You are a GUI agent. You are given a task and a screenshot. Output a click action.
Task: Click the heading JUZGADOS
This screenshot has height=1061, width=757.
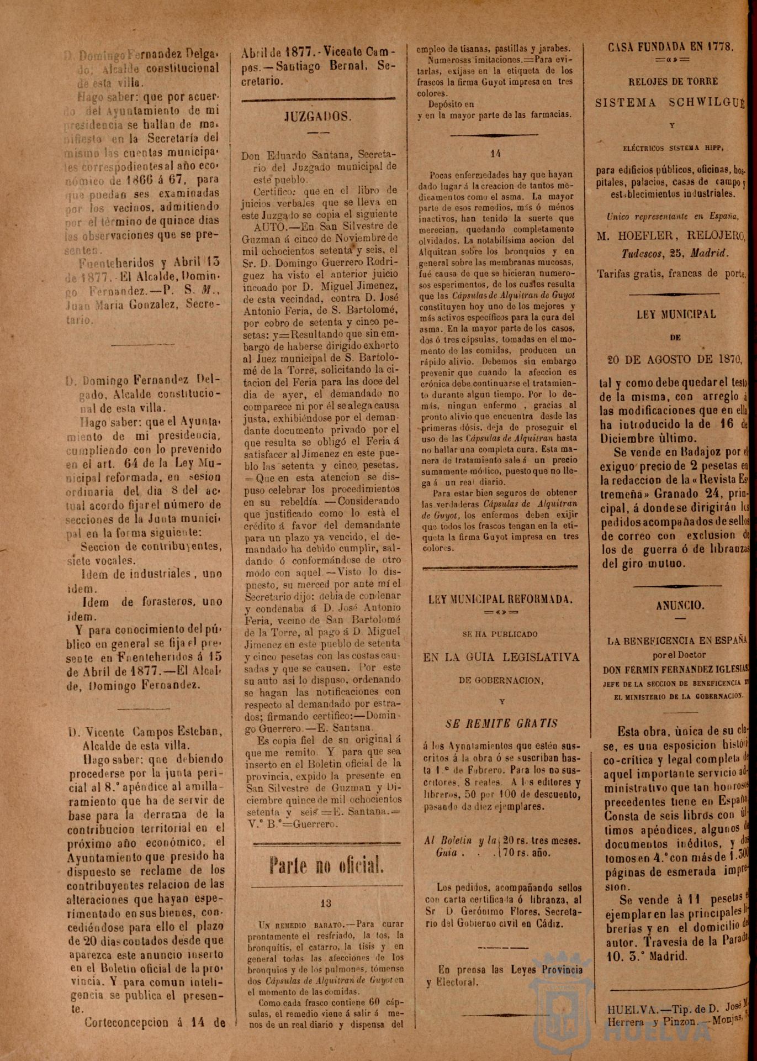[x=317, y=117]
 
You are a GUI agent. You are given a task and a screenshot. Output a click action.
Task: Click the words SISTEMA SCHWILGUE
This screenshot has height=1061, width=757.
[x=671, y=103]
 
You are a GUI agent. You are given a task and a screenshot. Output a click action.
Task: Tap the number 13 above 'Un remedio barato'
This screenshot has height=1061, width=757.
[x=326, y=903]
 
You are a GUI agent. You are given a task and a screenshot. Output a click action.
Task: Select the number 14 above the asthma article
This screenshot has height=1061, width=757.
[x=496, y=154]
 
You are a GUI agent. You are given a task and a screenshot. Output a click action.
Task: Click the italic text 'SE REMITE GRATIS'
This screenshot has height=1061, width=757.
[x=502, y=723]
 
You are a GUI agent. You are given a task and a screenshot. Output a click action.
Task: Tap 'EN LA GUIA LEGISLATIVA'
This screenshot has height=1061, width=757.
[x=501, y=657]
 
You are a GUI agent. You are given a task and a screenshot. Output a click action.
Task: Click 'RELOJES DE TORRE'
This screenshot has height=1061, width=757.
[x=673, y=81]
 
